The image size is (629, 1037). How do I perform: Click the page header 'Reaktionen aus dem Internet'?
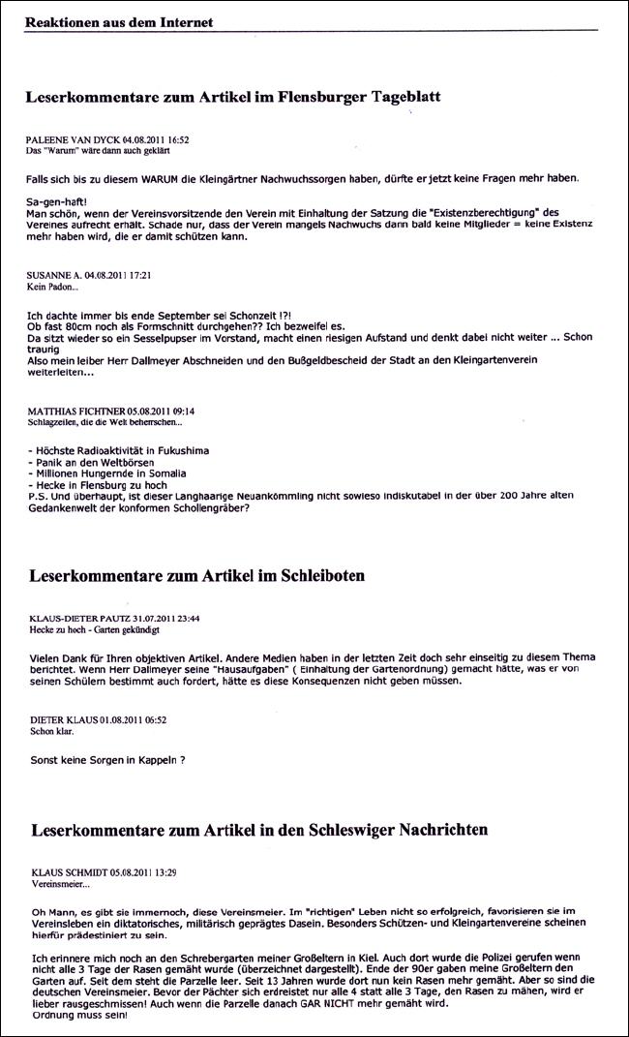tap(119, 22)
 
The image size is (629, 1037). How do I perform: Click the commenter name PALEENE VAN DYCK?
tap(74, 140)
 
